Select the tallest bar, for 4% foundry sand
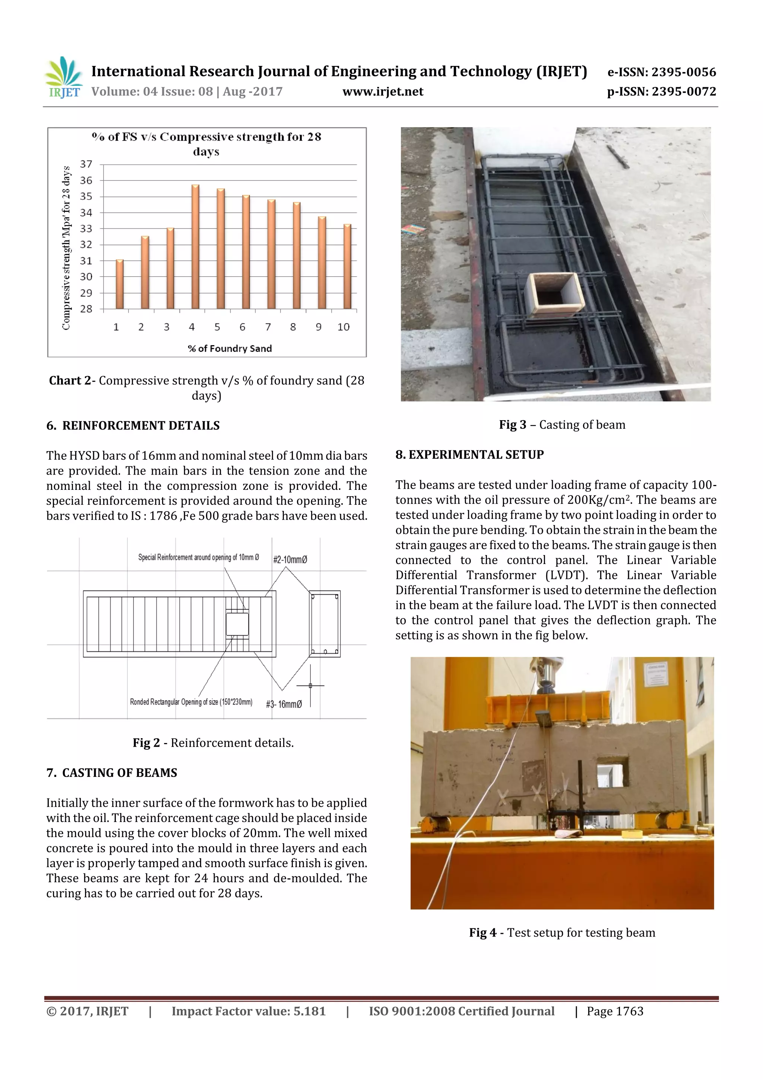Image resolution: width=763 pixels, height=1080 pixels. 195,247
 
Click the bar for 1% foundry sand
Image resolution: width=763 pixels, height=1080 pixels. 120,284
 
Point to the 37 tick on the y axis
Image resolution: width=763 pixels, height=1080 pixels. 86,164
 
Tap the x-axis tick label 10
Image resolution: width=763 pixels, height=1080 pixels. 343,327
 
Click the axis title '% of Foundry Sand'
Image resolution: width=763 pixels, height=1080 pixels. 229,349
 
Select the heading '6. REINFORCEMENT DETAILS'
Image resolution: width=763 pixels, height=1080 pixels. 133,425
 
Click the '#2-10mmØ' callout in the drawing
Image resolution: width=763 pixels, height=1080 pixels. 290,559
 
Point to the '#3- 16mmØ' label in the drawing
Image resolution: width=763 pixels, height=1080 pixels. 284,704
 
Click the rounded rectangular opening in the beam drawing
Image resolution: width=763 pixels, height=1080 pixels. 237,624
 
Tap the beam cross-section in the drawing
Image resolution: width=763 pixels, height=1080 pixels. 324,624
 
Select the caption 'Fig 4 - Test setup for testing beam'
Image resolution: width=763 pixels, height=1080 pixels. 562,932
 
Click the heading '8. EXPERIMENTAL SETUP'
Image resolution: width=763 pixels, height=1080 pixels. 469,454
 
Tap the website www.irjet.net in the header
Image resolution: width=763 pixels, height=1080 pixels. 383,92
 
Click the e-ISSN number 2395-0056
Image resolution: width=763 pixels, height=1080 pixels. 684,72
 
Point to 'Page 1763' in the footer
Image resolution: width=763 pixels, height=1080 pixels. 614,1011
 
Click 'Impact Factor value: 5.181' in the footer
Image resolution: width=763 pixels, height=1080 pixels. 248,1011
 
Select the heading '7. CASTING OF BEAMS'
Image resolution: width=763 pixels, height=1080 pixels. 112,772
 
